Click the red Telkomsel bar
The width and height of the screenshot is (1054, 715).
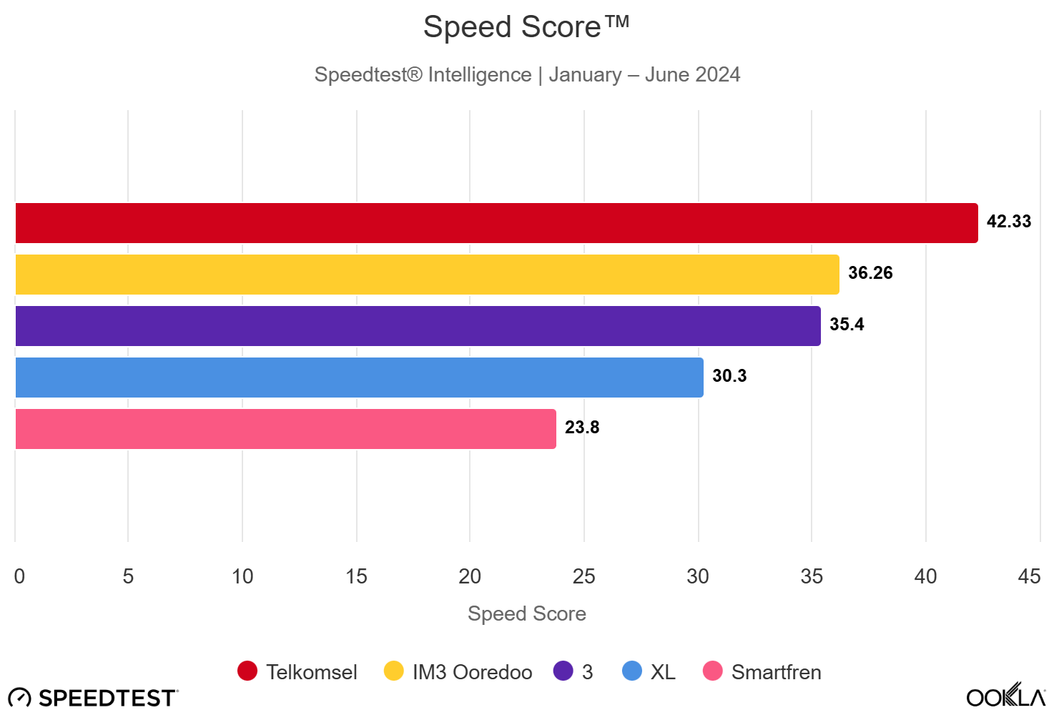[x=496, y=223]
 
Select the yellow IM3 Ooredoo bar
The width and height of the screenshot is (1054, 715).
[x=427, y=275]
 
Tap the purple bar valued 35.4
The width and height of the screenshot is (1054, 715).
[x=418, y=326]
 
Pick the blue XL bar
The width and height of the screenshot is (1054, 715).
[x=359, y=378]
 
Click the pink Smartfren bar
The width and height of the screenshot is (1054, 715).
[x=285, y=429]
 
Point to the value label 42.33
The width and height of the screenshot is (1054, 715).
[x=1008, y=222]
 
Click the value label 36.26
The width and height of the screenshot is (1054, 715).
[x=870, y=273]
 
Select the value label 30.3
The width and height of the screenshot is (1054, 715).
[x=729, y=376]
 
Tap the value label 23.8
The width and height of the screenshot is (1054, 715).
[x=582, y=428]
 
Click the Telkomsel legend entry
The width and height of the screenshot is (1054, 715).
[x=297, y=672]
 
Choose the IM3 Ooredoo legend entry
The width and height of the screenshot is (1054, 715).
[x=458, y=672]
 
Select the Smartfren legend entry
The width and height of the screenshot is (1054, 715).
[x=762, y=672]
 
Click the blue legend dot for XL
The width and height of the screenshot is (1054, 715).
[x=632, y=671]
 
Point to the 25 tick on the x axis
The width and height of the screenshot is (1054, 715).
[x=583, y=576]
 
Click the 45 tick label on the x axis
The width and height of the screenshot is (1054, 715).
[x=1029, y=576]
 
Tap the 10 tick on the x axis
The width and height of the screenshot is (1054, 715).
[x=242, y=576]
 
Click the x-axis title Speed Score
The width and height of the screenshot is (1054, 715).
[x=527, y=613]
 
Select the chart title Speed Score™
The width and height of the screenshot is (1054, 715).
[x=526, y=27]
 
